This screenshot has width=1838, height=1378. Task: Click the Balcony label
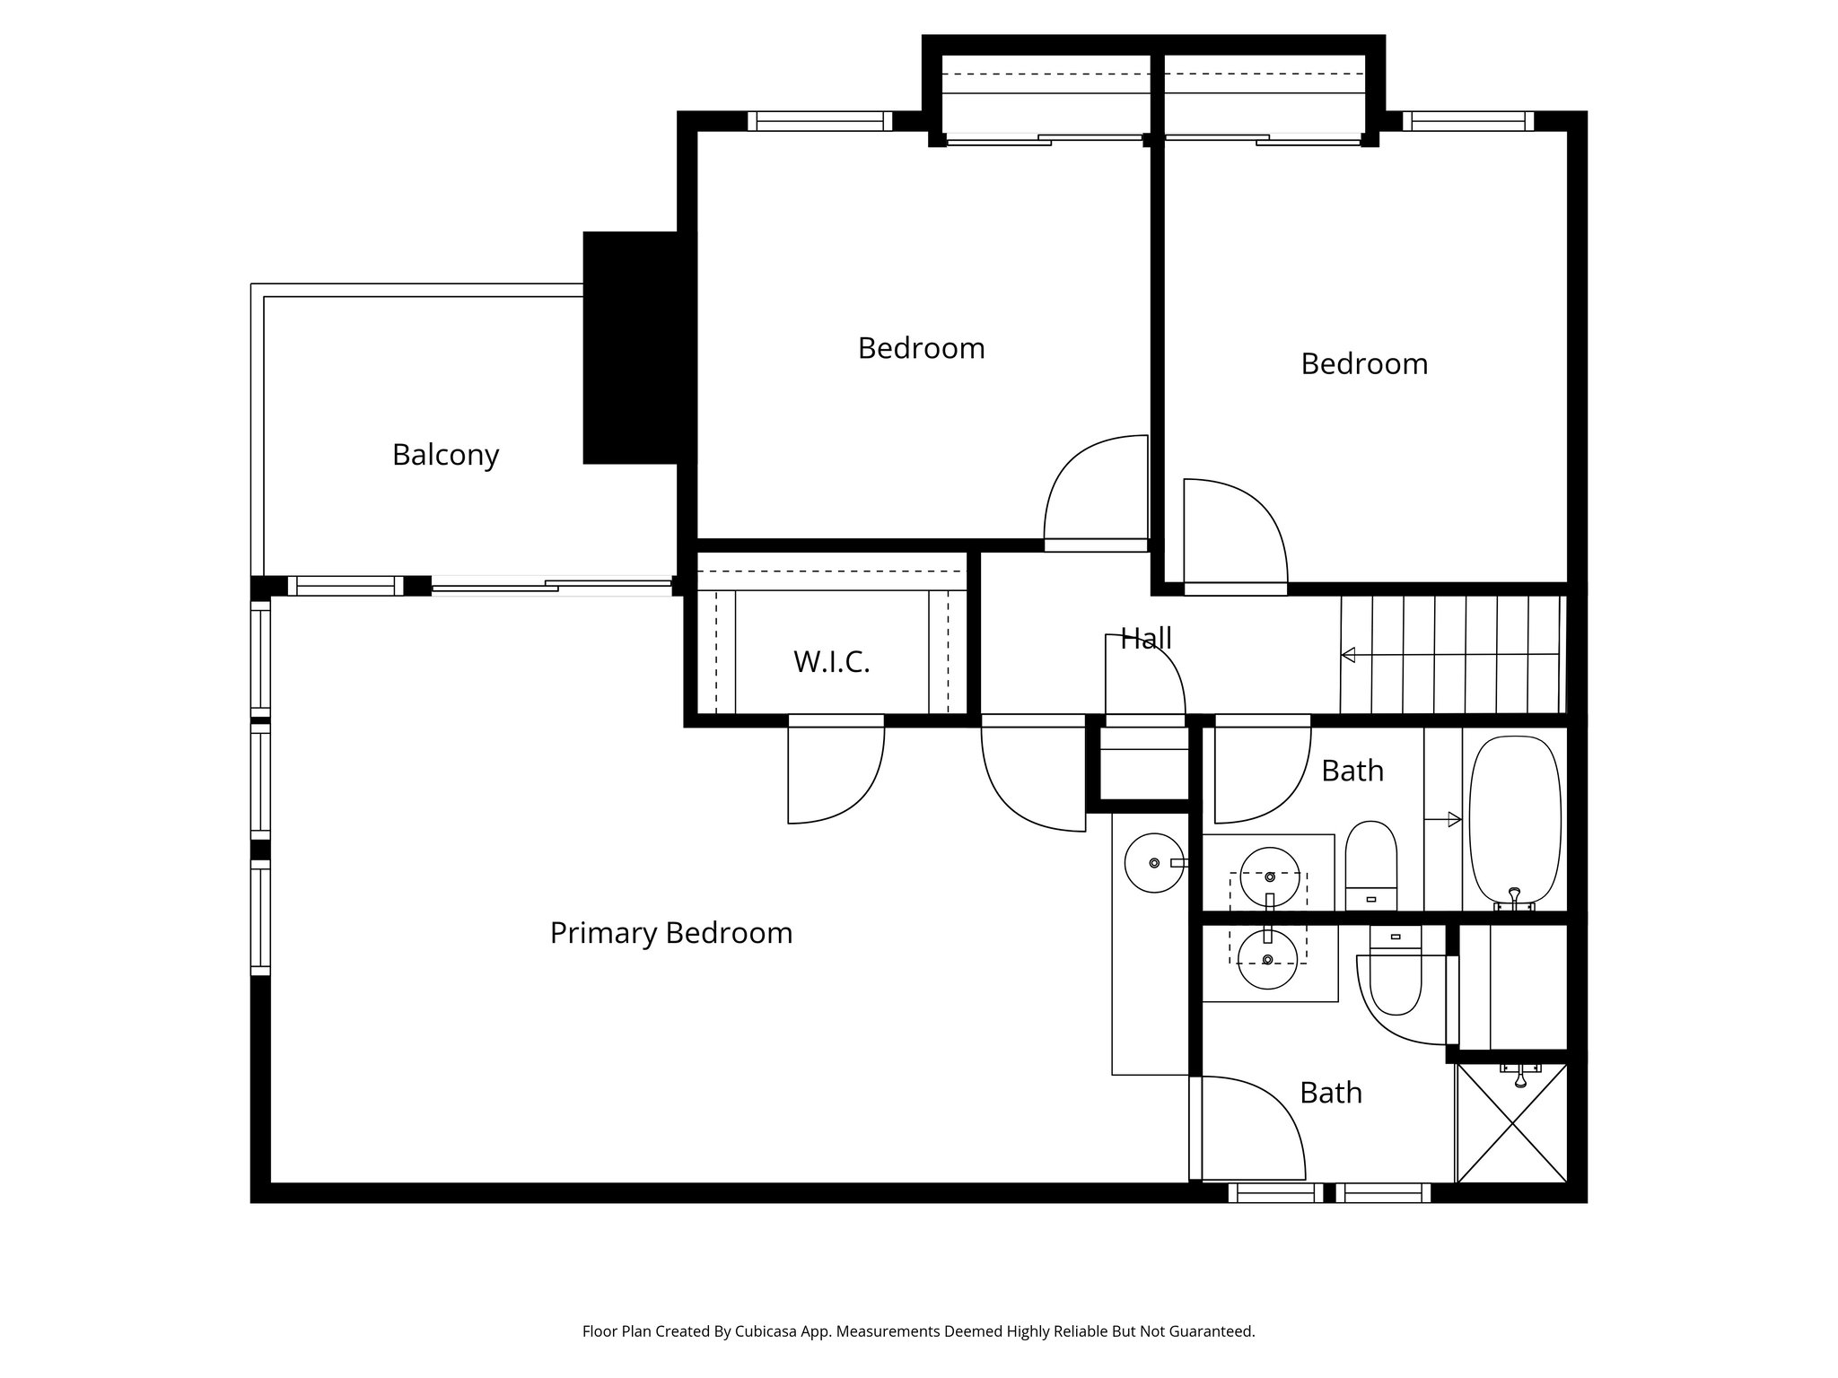[445, 455]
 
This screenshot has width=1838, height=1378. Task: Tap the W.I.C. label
[831, 662]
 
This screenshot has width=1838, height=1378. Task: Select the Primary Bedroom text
[670, 933]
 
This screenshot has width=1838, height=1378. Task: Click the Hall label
[1146, 639]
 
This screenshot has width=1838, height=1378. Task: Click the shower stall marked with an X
[1511, 1122]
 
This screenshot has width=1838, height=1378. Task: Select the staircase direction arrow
[1348, 655]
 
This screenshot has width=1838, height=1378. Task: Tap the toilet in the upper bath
[1372, 863]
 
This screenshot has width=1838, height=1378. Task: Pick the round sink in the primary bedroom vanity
[1154, 863]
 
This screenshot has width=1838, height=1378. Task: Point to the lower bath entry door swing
[1251, 1129]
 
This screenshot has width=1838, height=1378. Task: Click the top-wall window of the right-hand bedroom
[1468, 121]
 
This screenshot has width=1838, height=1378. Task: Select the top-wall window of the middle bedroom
[819, 121]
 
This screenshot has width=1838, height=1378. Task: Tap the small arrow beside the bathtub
[1443, 819]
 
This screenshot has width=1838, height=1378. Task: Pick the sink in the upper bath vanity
[1269, 877]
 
